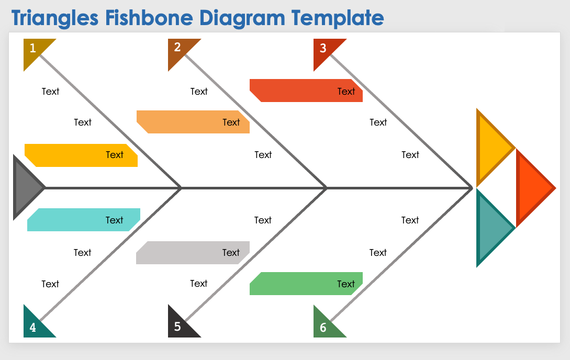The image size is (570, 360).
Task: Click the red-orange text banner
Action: pos(306,91)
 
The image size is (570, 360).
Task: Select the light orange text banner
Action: pos(193,122)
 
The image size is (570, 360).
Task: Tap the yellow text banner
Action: pos(81,155)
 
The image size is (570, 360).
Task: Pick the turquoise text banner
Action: pos(83,220)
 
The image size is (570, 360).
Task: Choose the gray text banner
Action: pos(193,253)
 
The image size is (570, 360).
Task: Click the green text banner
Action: pos(306,284)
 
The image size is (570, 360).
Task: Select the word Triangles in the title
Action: pos(55,19)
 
